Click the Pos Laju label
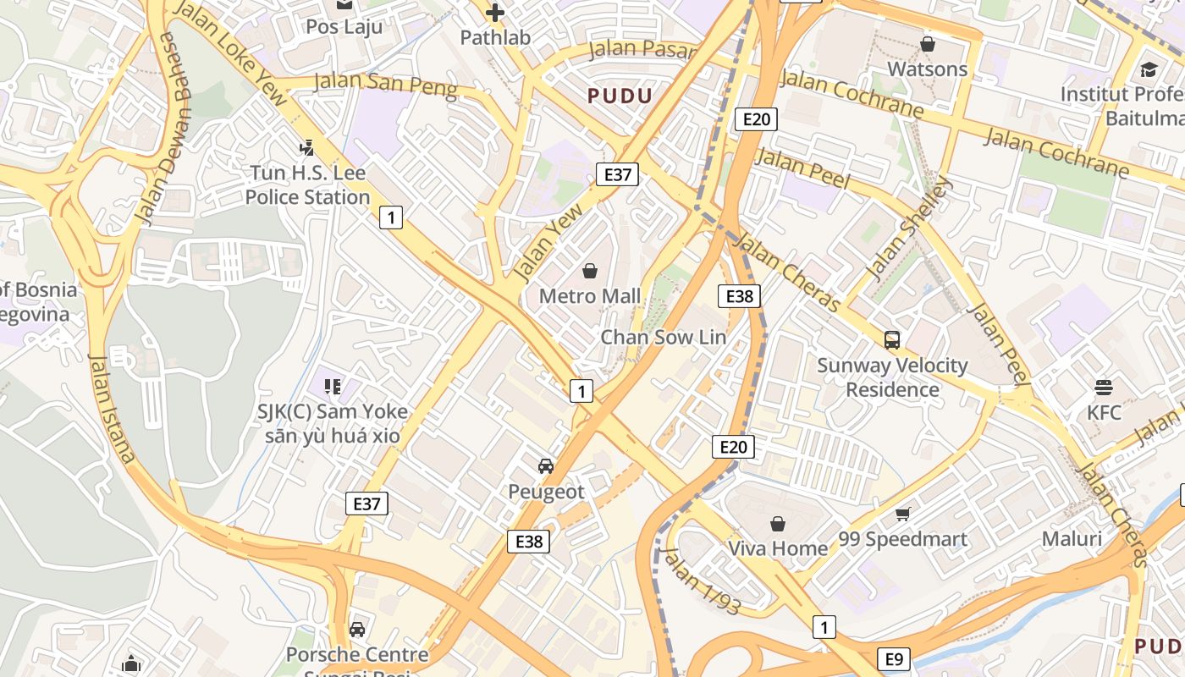(x=344, y=26)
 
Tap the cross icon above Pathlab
(x=495, y=13)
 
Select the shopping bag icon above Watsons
(x=928, y=44)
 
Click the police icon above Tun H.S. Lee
(x=307, y=148)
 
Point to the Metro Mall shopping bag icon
(x=590, y=271)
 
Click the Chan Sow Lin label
(x=663, y=337)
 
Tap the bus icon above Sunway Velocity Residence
(x=892, y=340)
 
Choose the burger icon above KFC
(x=1103, y=388)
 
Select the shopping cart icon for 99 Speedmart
(x=903, y=514)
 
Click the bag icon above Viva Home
(x=778, y=524)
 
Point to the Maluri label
(x=1072, y=539)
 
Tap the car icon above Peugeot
(x=546, y=466)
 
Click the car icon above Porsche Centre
(x=357, y=630)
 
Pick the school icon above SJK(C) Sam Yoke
(x=333, y=387)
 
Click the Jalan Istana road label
(x=111, y=408)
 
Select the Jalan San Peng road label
(x=385, y=85)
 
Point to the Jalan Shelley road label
(x=909, y=229)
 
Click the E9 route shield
(x=896, y=658)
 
